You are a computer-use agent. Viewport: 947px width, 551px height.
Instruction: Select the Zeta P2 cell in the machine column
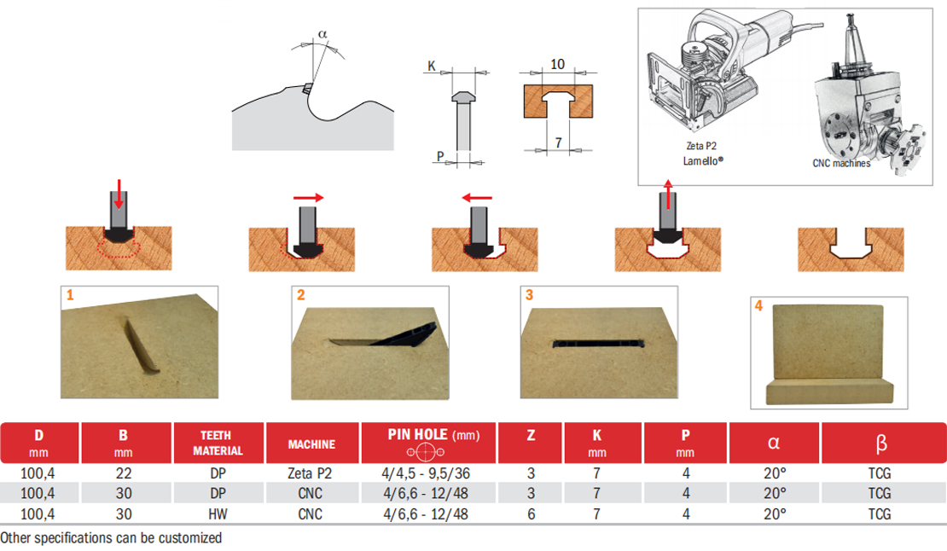tap(311, 473)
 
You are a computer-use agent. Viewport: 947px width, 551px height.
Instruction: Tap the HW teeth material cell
tap(218, 513)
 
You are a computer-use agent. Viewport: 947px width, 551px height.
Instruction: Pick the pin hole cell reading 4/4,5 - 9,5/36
tap(428, 473)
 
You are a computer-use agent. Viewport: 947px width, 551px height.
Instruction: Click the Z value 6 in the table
tap(531, 513)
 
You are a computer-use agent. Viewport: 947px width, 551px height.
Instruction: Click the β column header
tap(881, 443)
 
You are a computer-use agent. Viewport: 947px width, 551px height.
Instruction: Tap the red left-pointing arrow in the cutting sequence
tap(478, 198)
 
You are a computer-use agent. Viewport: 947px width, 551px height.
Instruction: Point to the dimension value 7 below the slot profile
tap(558, 142)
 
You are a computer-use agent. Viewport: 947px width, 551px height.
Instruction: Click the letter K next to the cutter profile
tap(433, 65)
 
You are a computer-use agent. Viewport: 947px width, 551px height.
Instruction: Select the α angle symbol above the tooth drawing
tap(322, 33)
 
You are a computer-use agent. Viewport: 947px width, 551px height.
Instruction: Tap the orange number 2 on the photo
tap(300, 295)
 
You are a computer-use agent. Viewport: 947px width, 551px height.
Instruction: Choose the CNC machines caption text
tap(841, 163)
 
